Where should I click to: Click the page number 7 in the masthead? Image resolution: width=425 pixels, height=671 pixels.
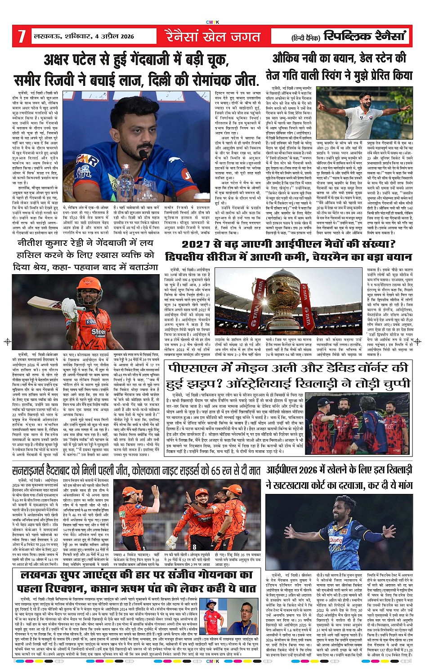click(x=21, y=36)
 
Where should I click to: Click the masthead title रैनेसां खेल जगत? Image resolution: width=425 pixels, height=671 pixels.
click(x=212, y=36)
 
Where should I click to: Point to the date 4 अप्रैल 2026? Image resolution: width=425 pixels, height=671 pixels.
click(x=112, y=36)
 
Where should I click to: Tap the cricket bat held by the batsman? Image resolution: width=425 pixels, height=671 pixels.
click(x=49, y=305)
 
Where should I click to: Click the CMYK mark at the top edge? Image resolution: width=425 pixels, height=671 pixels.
click(x=212, y=22)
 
